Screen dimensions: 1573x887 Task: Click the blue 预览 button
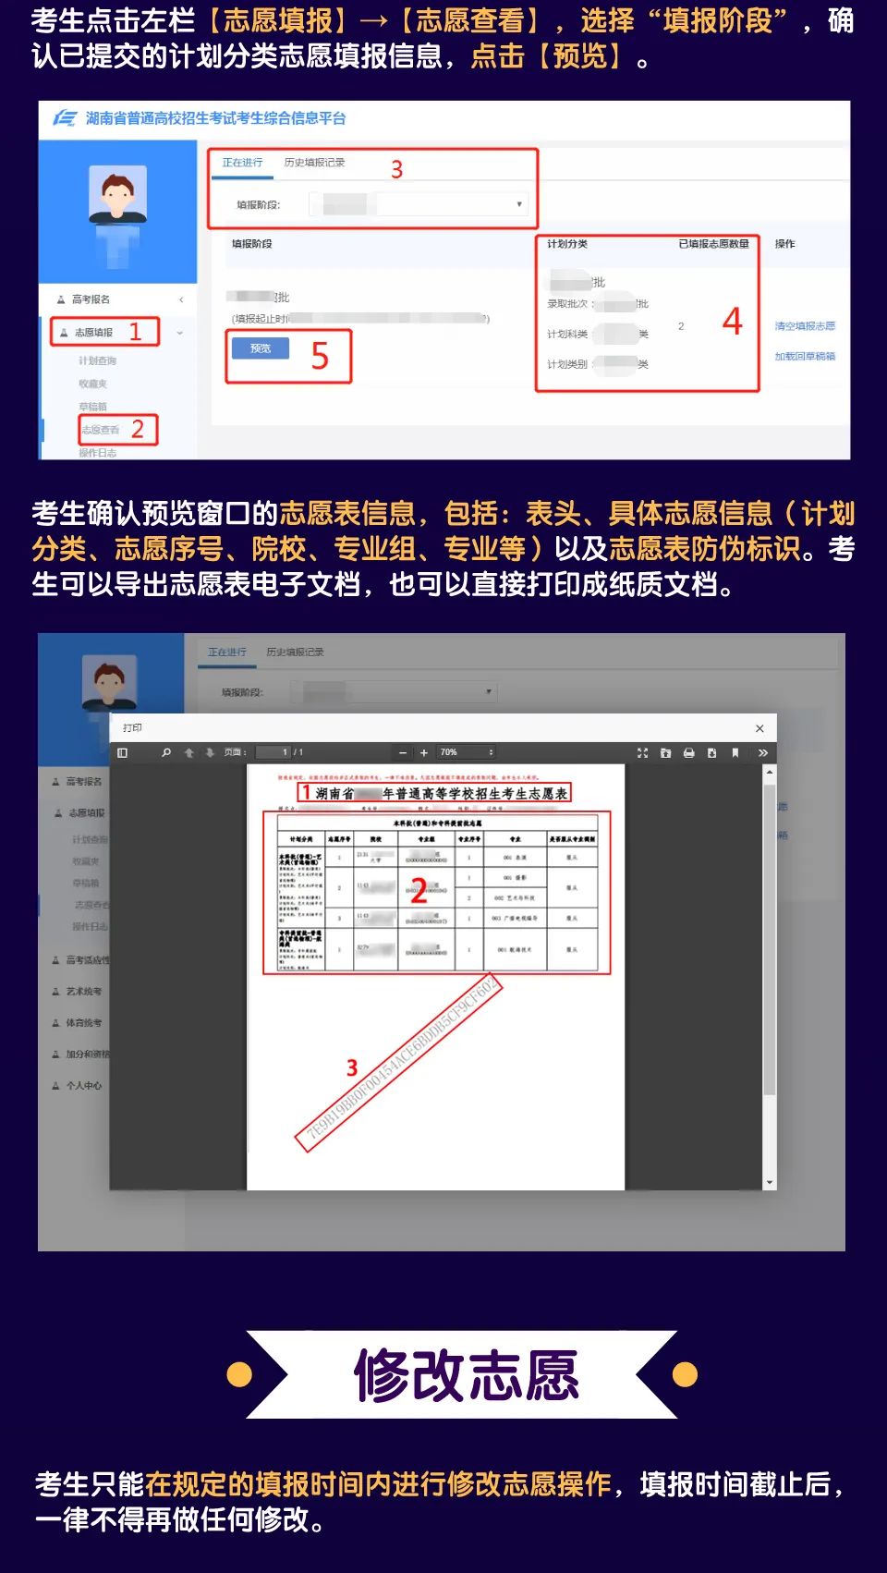coord(260,348)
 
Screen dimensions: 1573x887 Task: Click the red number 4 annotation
coord(732,321)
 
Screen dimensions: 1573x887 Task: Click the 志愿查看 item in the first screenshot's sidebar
coord(100,430)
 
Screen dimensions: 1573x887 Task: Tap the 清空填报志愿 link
coord(805,326)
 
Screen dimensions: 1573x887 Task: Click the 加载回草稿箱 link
coord(805,357)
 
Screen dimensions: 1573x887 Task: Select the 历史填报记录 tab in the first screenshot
coord(314,163)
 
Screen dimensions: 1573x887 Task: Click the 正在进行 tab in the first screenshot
coord(242,163)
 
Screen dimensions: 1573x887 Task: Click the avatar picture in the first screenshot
coord(117,194)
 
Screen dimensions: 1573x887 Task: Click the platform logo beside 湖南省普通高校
coord(65,118)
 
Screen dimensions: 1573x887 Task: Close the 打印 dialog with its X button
coord(759,728)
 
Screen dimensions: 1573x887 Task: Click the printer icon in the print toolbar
coord(688,753)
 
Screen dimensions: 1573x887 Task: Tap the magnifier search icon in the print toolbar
coord(166,753)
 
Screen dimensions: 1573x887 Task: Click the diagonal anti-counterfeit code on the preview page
coord(399,1063)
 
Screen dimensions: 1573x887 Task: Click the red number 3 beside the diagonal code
coord(352,1068)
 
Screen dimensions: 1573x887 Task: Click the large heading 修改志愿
coord(467,1375)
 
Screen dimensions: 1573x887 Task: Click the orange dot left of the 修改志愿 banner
coord(239,1375)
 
